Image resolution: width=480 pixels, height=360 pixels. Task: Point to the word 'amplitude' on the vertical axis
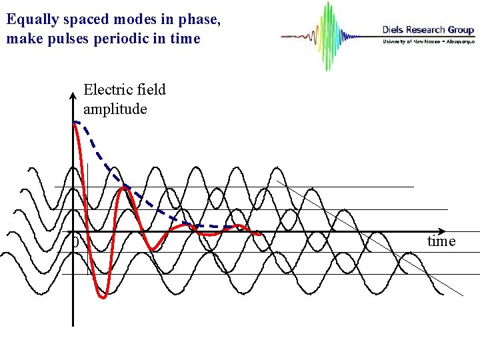pos(115,109)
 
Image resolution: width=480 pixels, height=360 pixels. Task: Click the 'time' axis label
pos(441,241)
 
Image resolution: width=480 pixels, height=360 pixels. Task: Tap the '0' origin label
pos(75,243)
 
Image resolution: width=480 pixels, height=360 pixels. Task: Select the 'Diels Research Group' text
pos(427,29)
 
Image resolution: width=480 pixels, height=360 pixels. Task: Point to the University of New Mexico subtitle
pos(427,41)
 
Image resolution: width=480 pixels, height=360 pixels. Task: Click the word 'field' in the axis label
pos(151,89)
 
